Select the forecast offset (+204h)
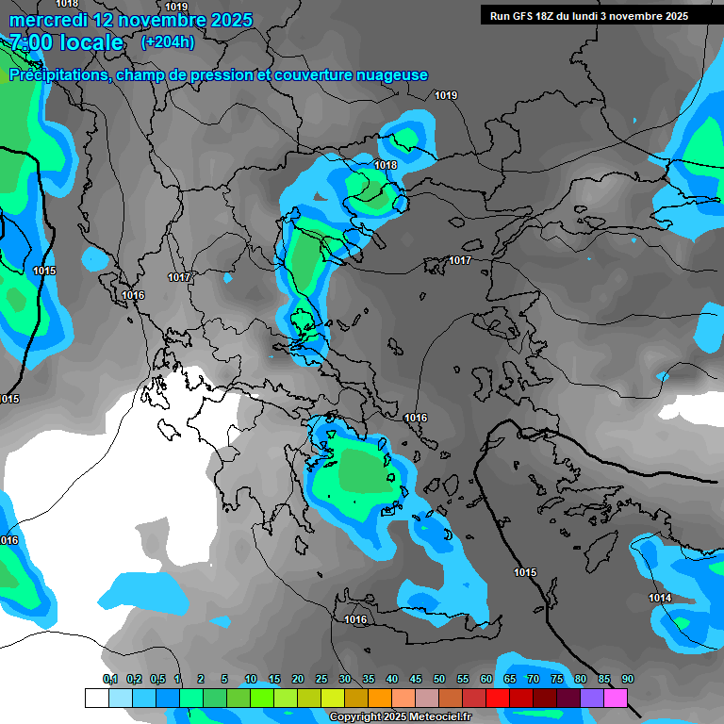tap(168, 42)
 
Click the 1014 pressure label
tap(660, 599)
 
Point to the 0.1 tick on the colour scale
tap(110, 680)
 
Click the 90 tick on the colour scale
tap(627, 680)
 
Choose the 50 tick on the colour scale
tap(439, 680)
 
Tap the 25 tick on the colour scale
tap(321, 680)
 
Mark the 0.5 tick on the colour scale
tap(156, 680)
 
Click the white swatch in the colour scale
tap(96, 698)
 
